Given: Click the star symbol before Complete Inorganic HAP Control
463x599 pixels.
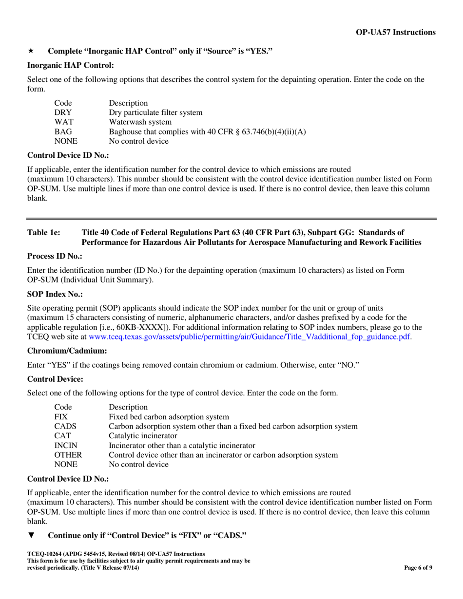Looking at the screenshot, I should [x=30, y=51].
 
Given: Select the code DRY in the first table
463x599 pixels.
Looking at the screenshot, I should [x=62, y=112].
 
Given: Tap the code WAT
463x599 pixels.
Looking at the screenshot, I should [x=63, y=122].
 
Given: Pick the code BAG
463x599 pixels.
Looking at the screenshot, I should [x=62, y=132].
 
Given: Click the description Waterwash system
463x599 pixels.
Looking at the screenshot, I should [x=140, y=122].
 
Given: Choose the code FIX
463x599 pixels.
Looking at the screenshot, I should [x=61, y=416].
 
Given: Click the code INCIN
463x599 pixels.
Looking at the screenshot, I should [x=65, y=445].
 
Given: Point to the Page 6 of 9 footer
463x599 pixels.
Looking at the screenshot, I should [x=418, y=567].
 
